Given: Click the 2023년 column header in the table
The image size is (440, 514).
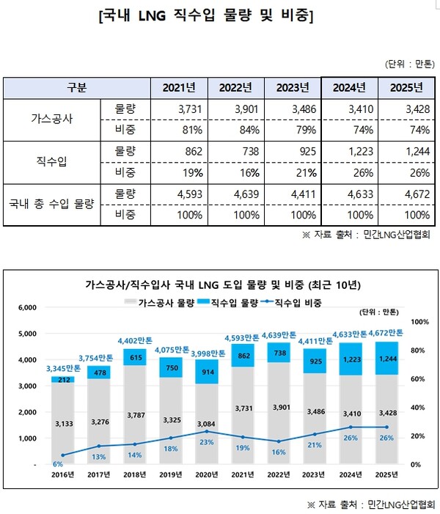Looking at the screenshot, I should click(x=293, y=88).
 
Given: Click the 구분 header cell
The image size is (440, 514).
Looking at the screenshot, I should click(x=76, y=88).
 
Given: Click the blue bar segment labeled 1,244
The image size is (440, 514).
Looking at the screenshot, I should click(x=387, y=358).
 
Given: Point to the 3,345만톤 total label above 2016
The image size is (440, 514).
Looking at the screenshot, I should click(x=63, y=367).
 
